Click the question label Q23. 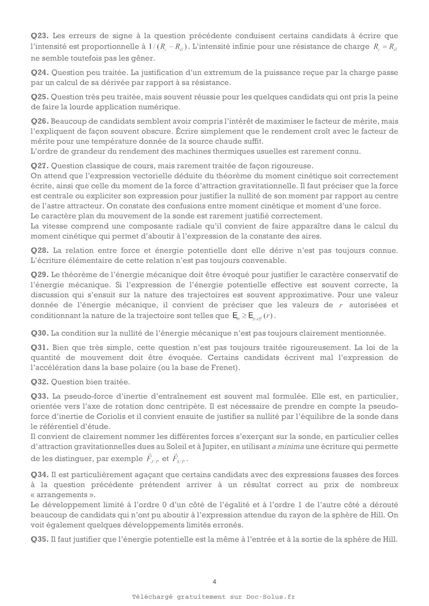tap(39, 36)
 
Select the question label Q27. tap(39, 166)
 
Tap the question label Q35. tap(39, 539)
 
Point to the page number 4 tap(214, 582)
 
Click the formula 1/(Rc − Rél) tap(168, 47)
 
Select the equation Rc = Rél tap(385, 47)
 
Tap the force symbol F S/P tap(179, 459)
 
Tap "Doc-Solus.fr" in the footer tap(271, 597)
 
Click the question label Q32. tap(39, 382)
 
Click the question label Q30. tap(39, 333)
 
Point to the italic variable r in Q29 tap(341, 305)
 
